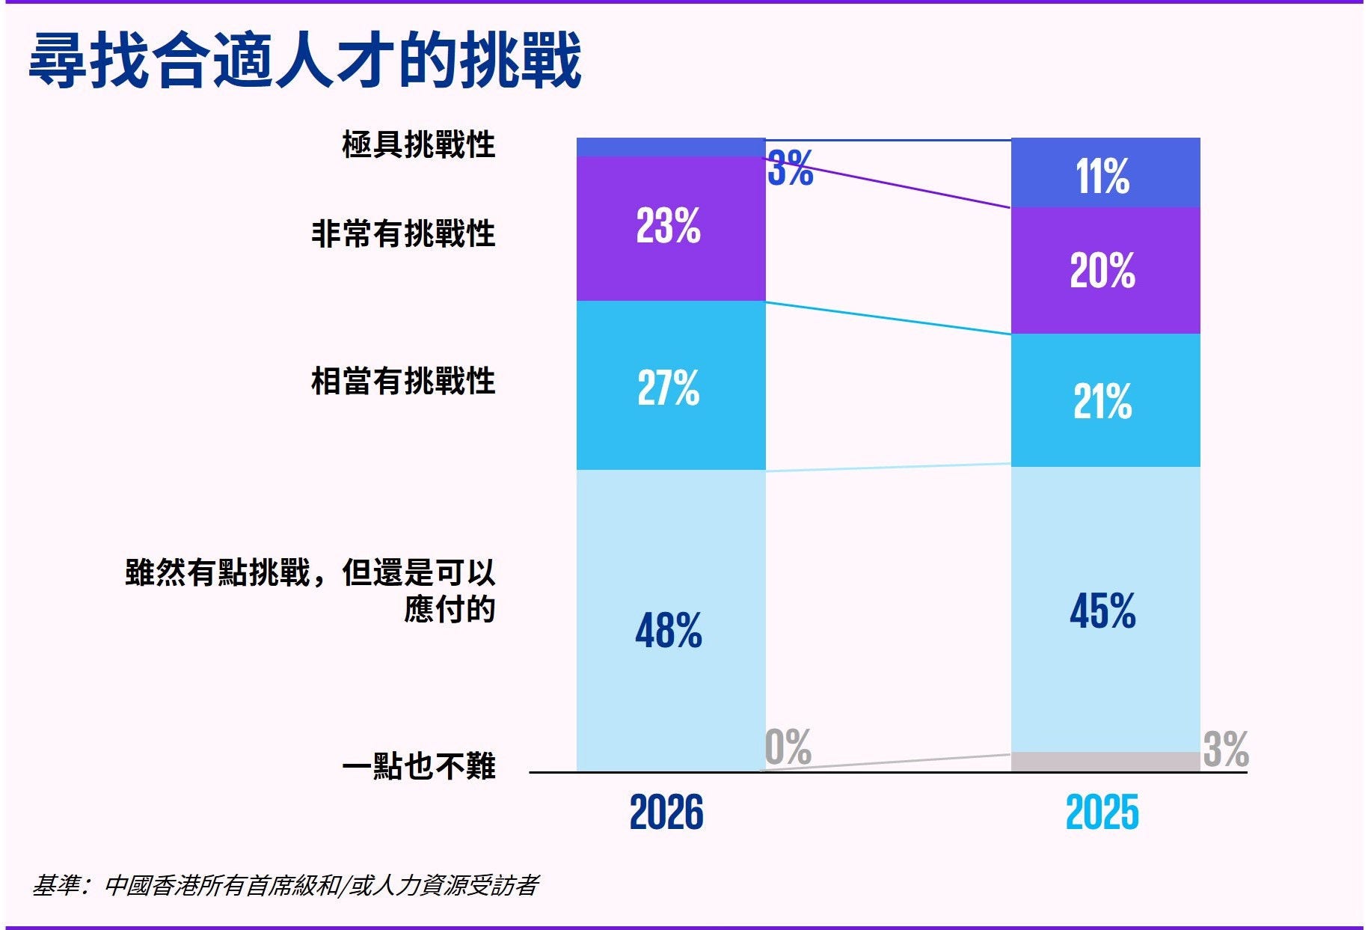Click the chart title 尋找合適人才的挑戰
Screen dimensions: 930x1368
pyautogui.click(x=305, y=60)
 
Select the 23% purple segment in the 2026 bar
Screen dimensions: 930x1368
pyautogui.click(x=670, y=227)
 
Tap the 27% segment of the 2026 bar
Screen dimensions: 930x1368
pyautogui.click(x=670, y=386)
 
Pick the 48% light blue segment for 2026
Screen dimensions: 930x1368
pyautogui.click(x=670, y=621)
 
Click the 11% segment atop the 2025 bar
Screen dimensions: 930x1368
pyautogui.click(x=1105, y=174)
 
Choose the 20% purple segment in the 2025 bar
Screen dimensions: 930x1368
pyautogui.click(x=1105, y=270)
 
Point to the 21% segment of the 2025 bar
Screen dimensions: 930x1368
pyautogui.click(x=1105, y=400)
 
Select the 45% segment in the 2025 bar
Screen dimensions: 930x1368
pyautogui.click(x=1105, y=609)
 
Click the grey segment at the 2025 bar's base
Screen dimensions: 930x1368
pyautogui.click(x=1105, y=762)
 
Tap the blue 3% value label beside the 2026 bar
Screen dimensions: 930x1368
pyautogui.click(x=790, y=168)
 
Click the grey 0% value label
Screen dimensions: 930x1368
pyautogui.click(x=788, y=747)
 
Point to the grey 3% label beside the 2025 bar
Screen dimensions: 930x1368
pyautogui.click(x=1225, y=749)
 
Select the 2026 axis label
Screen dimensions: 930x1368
pyautogui.click(x=666, y=813)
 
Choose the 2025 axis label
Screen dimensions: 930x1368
pyautogui.click(x=1102, y=813)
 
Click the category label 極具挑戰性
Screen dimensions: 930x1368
pyautogui.click(x=418, y=144)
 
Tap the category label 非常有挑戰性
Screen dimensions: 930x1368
pyautogui.click(x=403, y=233)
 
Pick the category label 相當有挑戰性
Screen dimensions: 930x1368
pyautogui.click(x=403, y=381)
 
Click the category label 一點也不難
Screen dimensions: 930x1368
pyautogui.click(x=418, y=766)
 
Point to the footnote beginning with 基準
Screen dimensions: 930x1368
pyautogui.click(x=285, y=886)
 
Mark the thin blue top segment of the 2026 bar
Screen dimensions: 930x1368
pyautogui.click(x=670, y=147)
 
